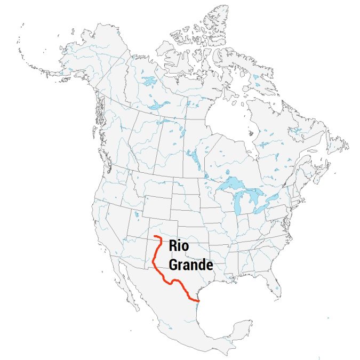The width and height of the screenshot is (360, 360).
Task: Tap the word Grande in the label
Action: pyautogui.click(x=191, y=264)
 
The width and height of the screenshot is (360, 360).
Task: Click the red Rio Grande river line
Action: pyautogui.click(x=155, y=261)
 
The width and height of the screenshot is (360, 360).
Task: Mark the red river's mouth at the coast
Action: pyautogui.click(x=198, y=302)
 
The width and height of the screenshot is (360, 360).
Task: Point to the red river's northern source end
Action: pyautogui.click(x=154, y=236)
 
